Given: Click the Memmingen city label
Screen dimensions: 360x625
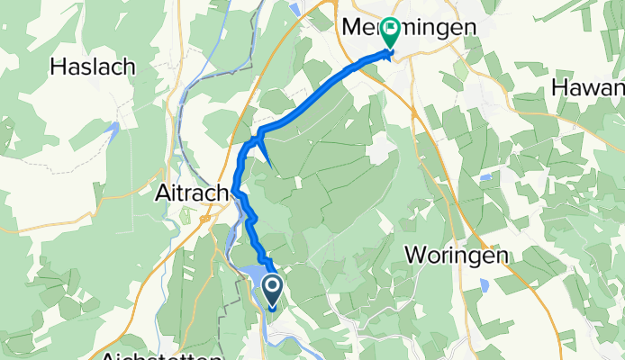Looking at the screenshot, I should [409, 29].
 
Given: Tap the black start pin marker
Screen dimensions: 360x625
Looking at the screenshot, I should [273, 291].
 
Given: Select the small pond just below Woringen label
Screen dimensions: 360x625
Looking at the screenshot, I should [484, 287].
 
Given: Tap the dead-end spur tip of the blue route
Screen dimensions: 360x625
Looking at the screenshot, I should [271, 165].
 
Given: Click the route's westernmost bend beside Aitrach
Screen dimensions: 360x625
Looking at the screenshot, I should [236, 189].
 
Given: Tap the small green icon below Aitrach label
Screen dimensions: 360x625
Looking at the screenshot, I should [186, 214].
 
